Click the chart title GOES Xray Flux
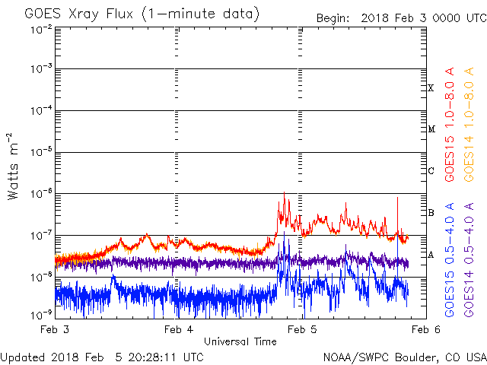[x=79, y=14]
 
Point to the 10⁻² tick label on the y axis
[x=41, y=30]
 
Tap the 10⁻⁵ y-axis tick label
[x=41, y=152]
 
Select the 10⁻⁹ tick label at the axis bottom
[x=41, y=316]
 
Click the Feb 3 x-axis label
[x=55, y=329]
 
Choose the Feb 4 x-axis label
[x=179, y=329]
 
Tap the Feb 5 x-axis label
[x=302, y=329]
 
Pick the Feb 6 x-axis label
[x=426, y=329]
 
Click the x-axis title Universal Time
[x=240, y=341]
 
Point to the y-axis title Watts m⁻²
[x=13, y=167]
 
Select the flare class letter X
[x=431, y=88]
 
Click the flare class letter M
[x=431, y=129]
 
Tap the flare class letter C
[x=431, y=170]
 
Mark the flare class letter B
[x=431, y=213]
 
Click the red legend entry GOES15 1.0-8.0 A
[x=450, y=124]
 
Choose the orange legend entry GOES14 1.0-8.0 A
[x=469, y=124]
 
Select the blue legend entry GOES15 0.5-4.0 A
[x=450, y=259]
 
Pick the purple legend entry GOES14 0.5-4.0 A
[x=469, y=259]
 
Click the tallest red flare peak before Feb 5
[x=284, y=192]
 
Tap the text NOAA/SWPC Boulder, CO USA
[x=405, y=357]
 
